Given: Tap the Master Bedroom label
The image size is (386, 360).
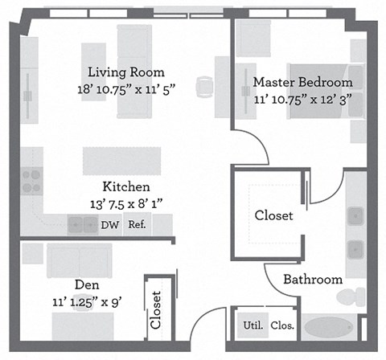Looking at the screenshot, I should point(302,82).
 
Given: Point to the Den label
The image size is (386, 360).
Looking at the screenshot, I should point(87,284).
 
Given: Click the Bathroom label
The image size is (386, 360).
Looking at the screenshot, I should point(312,280).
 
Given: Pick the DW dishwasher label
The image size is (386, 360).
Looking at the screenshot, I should point(109,225).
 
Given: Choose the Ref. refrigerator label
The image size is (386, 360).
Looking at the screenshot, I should point(137,225).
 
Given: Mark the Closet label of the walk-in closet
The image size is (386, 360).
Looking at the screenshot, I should point(273,215).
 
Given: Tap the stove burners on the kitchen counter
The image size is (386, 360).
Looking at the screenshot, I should point(31,181).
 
